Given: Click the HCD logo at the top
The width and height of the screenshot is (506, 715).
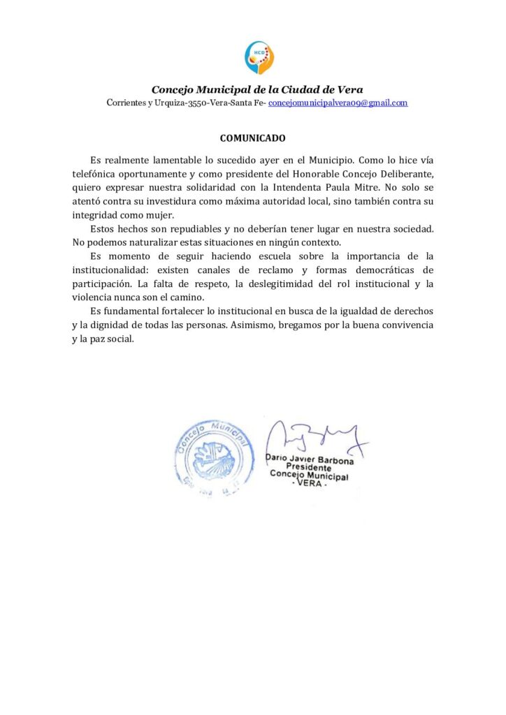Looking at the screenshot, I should [x=259, y=57].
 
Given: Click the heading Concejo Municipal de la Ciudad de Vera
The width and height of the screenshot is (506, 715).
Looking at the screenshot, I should [x=257, y=89].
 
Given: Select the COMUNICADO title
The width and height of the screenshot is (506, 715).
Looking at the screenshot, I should [x=252, y=138].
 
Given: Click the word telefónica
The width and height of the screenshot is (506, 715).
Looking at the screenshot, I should [x=98, y=174].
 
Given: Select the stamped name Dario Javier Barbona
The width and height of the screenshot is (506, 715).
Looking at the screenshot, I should [x=310, y=461].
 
